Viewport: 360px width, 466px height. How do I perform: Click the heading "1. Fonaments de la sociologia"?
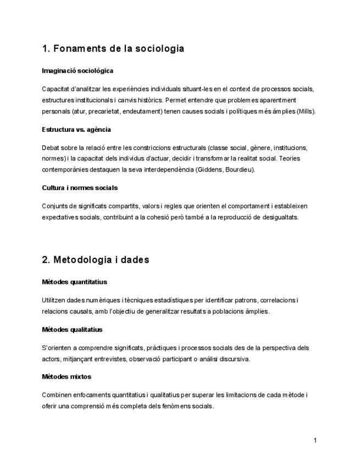tap(113, 49)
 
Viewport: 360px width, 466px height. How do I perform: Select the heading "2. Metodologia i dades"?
tap(95, 259)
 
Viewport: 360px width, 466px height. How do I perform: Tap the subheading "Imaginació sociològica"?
tap(77, 70)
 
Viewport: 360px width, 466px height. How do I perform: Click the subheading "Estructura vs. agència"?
tap(76, 129)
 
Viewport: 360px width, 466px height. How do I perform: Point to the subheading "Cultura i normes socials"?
tap(80, 187)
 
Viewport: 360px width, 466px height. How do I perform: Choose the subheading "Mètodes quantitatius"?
tap(74, 282)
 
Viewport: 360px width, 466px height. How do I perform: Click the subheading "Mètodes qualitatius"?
tap(71, 329)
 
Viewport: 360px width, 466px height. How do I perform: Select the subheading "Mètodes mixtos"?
tap(67, 376)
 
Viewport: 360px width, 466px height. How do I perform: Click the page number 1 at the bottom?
tap(315, 440)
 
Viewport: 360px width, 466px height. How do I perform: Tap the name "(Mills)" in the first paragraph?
tap(306, 111)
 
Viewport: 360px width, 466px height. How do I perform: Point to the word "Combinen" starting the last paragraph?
tap(56, 395)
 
